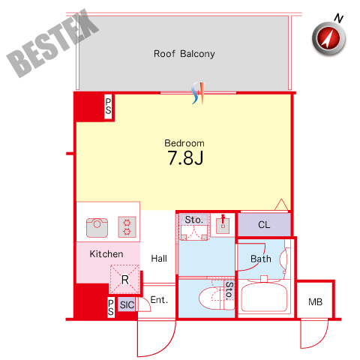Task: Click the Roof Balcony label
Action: coord(184,54)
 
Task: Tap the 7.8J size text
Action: coord(185,157)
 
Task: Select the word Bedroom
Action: coord(184,143)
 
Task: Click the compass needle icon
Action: coord(328,38)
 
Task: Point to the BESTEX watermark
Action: coord(52,43)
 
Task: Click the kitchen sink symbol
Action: coord(97,228)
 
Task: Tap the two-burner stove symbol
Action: coord(127,226)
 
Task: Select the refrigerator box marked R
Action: coord(124,279)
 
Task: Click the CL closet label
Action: coord(264,225)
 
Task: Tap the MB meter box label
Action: coord(315,302)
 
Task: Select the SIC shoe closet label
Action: coord(127,304)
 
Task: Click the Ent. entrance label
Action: coord(159,300)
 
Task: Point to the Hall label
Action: coord(159,258)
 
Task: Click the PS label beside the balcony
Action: coord(108,106)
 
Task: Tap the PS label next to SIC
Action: coord(111,307)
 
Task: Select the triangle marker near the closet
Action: coord(281,205)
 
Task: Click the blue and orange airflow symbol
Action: coord(199,93)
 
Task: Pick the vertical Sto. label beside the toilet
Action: coord(229,291)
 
